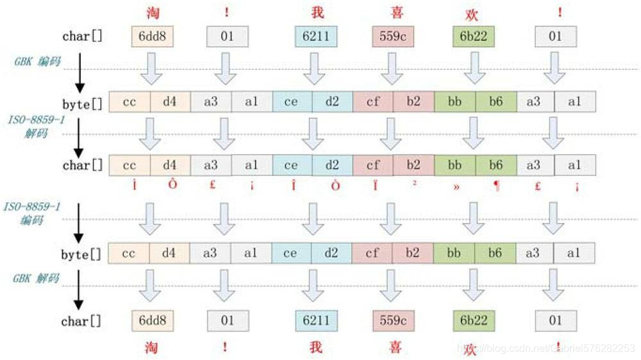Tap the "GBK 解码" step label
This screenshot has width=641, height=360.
pyautogui.click(x=37, y=279)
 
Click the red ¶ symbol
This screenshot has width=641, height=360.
pyautogui.click(x=495, y=186)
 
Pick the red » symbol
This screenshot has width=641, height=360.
pyautogui.click(x=454, y=186)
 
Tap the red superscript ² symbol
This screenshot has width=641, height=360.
pyautogui.click(x=413, y=184)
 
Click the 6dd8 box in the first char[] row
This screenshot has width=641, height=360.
pyautogui.click(x=151, y=37)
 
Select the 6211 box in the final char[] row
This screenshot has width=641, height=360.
pyautogui.click(x=316, y=320)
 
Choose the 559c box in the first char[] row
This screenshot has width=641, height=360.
pyautogui.click(x=392, y=37)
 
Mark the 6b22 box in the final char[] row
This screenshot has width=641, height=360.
pyautogui.click(x=473, y=320)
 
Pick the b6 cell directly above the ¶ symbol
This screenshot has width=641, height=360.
pyautogui.click(x=495, y=165)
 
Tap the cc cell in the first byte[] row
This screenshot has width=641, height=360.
pyautogui.click(x=129, y=101)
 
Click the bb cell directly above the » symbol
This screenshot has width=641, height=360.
pyautogui.click(x=454, y=165)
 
